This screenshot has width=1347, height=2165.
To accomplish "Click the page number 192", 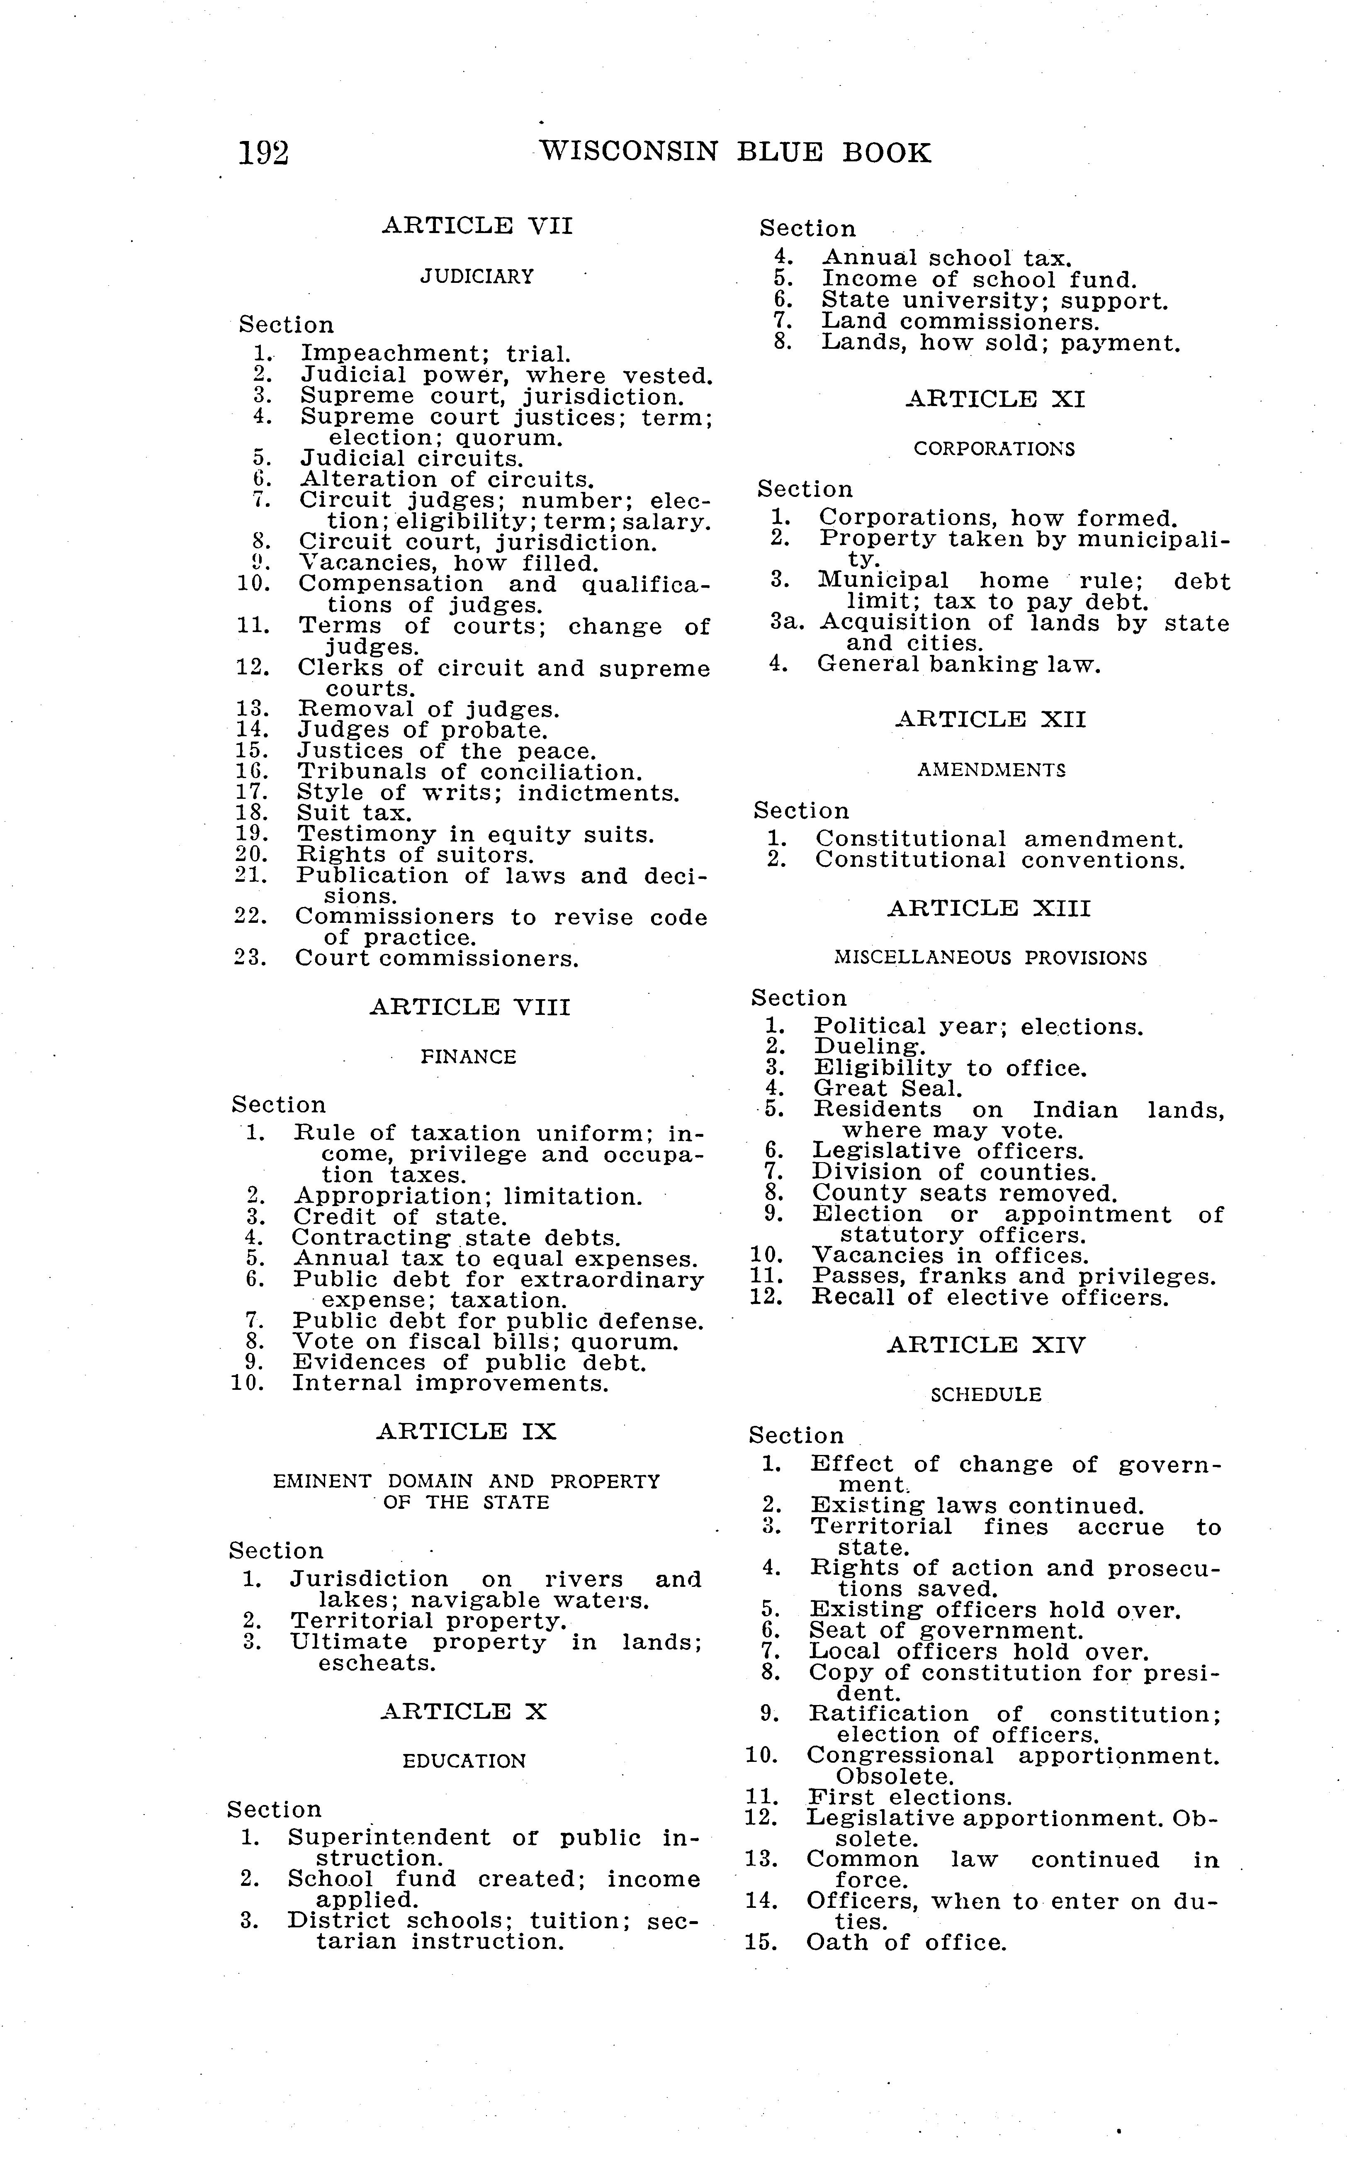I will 264,154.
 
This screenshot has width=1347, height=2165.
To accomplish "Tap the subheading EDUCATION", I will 464,1761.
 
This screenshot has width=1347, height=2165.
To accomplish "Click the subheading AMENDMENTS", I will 991,770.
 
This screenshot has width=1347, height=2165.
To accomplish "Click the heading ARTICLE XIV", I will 986,1345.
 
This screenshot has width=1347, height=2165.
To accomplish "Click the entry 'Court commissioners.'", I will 438,960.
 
